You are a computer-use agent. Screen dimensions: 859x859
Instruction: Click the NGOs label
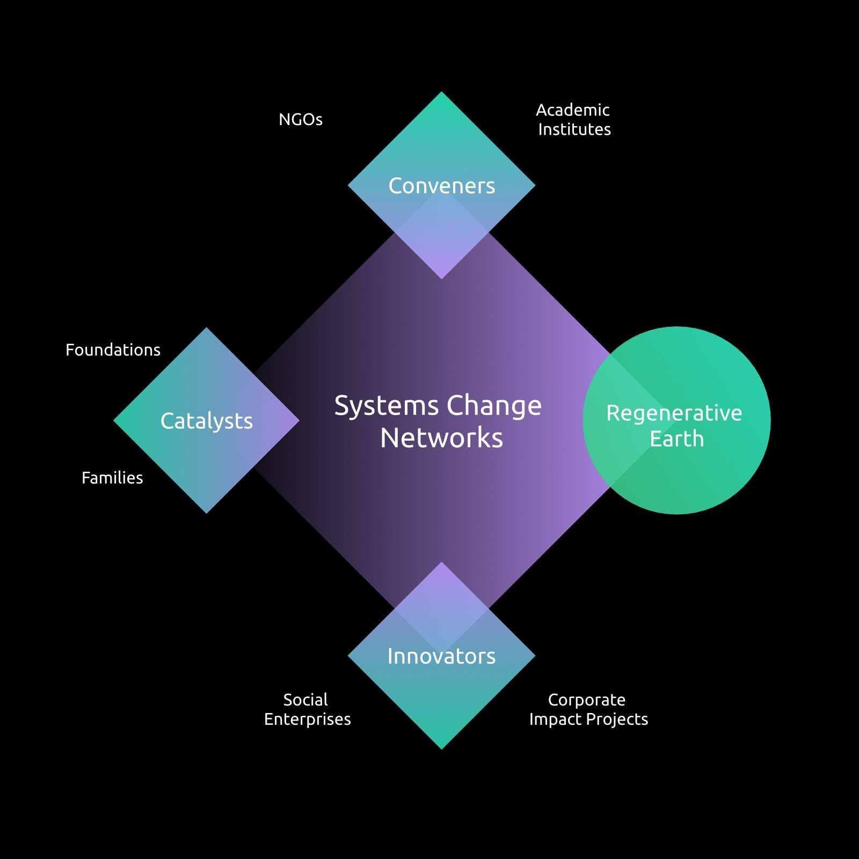pyautogui.click(x=301, y=119)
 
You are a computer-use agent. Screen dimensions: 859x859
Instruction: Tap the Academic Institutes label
pyautogui.click(x=573, y=120)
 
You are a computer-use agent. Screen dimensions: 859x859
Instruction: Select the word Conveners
pyautogui.click(x=441, y=186)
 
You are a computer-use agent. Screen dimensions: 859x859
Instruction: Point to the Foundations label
pyautogui.click(x=113, y=350)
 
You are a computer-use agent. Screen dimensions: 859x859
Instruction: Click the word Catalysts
pyautogui.click(x=207, y=421)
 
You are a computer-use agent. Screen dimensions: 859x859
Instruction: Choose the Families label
pyautogui.click(x=112, y=478)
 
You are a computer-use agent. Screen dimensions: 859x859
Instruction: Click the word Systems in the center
pyautogui.click(x=386, y=406)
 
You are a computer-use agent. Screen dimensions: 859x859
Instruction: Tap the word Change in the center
pyautogui.click(x=494, y=406)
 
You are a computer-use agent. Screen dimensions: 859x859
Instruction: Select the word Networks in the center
pyautogui.click(x=441, y=438)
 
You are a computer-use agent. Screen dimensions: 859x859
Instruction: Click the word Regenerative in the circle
pyautogui.click(x=674, y=413)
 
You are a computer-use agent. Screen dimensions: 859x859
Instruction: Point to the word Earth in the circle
pyautogui.click(x=676, y=439)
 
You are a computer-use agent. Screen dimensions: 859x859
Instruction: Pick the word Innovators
pyautogui.click(x=441, y=656)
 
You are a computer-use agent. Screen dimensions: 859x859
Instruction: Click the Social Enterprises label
pyautogui.click(x=307, y=709)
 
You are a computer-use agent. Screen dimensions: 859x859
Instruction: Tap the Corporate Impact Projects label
pyautogui.click(x=588, y=709)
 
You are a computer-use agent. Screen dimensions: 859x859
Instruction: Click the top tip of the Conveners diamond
pyautogui.click(x=441, y=93)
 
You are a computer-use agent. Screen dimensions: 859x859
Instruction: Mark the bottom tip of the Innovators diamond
pyautogui.click(x=441, y=747)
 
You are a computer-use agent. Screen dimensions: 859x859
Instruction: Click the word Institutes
pyautogui.click(x=574, y=129)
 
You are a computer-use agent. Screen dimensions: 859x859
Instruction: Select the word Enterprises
pyautogui.click(x=307, y=719)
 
